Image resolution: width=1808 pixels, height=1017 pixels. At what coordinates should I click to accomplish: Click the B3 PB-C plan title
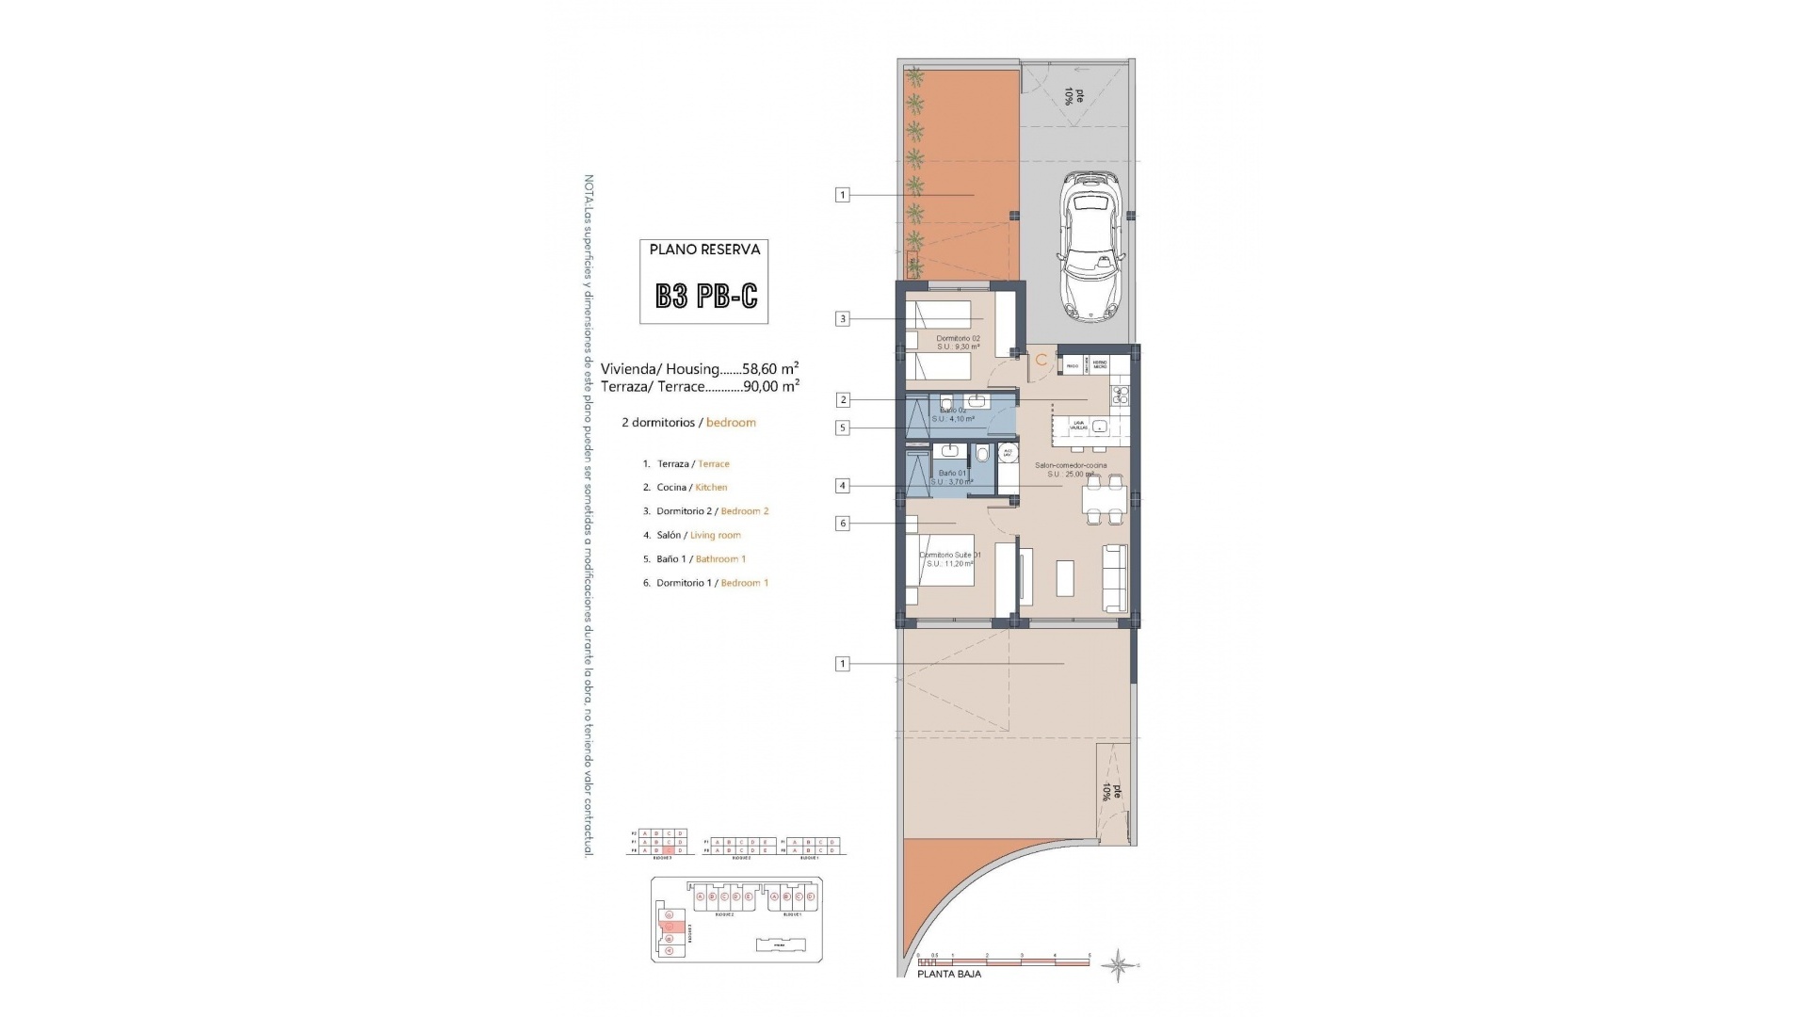click(x=705, y=297)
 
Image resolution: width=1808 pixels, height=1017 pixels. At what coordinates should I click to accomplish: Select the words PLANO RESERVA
click(x=704, y=250)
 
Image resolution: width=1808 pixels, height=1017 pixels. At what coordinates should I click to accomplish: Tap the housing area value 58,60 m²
click(x=770, y=369)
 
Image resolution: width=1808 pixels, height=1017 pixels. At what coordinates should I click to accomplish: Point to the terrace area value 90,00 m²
click(x=770, y=386)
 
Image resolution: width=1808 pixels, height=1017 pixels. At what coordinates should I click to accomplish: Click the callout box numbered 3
click(x=843, y=319)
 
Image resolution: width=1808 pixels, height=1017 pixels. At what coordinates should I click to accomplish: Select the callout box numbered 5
click(x=843, y=428)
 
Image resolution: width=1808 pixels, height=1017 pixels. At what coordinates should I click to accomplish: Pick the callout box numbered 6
click(x=843, y=524)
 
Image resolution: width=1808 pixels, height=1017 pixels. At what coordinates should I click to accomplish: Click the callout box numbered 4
click(x=843, y=486)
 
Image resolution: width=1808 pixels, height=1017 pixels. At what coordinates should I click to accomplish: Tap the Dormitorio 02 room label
click(x=958, y=339)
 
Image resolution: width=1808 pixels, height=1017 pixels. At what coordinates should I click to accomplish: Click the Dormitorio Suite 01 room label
click(x=949, y=556)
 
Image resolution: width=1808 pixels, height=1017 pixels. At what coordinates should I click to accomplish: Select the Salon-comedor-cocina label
click(x=1071, y=465)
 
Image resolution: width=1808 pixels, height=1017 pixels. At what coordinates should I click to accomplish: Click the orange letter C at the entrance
click(x=1041, y=361)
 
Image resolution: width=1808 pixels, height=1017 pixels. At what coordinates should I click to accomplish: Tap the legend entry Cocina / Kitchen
click(x=691, y=488)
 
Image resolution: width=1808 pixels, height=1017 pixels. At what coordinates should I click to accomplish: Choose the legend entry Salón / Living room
click(x=698, y=536)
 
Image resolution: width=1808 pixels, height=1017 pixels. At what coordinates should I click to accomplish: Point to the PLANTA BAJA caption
click(x=948, y=975)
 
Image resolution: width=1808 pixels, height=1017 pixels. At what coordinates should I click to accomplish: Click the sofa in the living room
click(x=1115, y=577)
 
